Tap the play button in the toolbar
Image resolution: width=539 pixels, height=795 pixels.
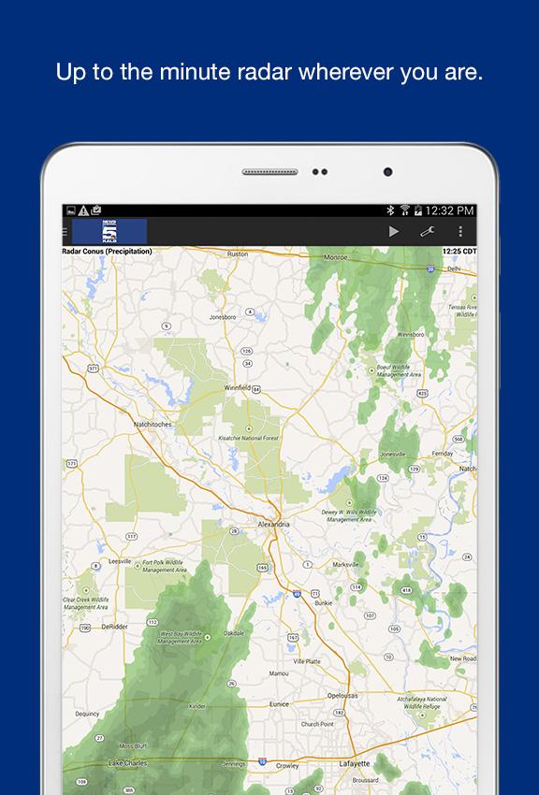point(394,231)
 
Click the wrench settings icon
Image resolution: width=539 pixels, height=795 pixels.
point(428,231)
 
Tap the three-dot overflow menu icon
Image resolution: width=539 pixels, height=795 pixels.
point(460,231)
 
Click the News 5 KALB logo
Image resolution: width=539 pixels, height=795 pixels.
point(109,231)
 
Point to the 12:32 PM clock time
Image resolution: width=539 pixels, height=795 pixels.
point(450,210)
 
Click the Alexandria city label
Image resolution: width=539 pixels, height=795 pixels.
point(273,525)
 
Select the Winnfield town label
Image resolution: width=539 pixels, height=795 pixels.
point(237,386)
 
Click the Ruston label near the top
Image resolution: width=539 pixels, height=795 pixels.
point(238,253)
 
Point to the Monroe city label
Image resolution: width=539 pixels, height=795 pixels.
point(335,255)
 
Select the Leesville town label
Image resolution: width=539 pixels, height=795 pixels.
point(120,560)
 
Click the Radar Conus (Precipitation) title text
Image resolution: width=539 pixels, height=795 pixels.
point(107,252)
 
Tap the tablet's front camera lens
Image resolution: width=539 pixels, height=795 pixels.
point(387,172)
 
